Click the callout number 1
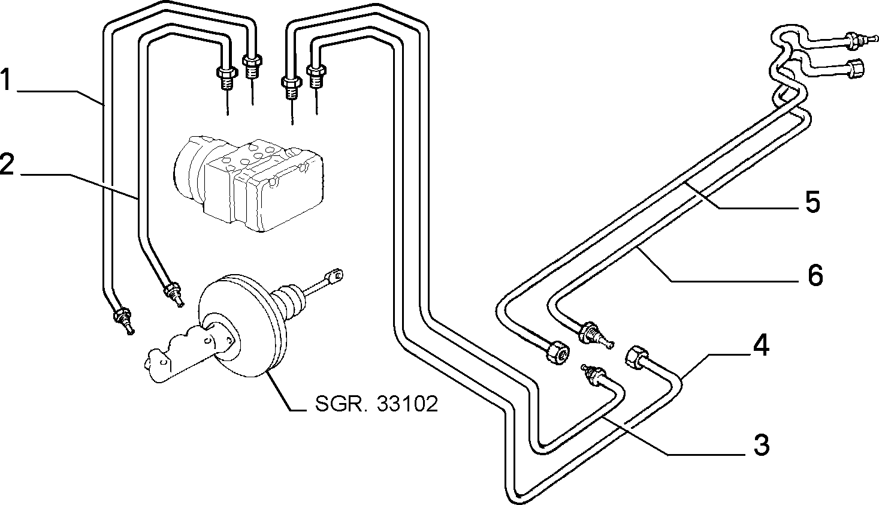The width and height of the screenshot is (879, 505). click(5, 79)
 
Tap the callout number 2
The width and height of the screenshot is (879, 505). click(7, 164)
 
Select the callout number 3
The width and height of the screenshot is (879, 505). click(762, 445)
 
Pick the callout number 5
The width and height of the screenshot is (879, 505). click(812, 202)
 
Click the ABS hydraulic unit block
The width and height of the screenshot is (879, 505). click(249, 182)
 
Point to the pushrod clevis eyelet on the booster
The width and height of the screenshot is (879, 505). click(336, 275)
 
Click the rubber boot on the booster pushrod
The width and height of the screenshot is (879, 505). click(288, 302)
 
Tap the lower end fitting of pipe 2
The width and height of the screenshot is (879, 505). click(173, 294)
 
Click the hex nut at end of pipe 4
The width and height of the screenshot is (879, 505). click(635, 357)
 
